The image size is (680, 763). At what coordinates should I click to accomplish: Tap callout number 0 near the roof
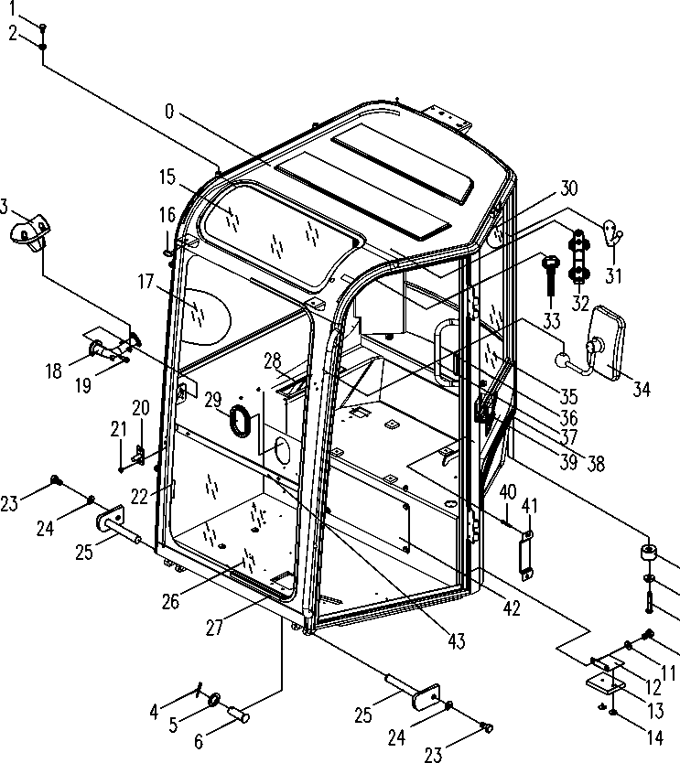(x=168, y=112)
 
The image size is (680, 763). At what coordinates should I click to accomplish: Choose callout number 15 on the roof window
(x=167, y=177)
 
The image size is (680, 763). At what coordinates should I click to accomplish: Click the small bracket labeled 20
(x=140, y=452)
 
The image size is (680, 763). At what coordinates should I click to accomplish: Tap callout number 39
(x=569, y=462)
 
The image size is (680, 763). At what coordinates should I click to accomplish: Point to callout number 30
(x=568, y=188)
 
